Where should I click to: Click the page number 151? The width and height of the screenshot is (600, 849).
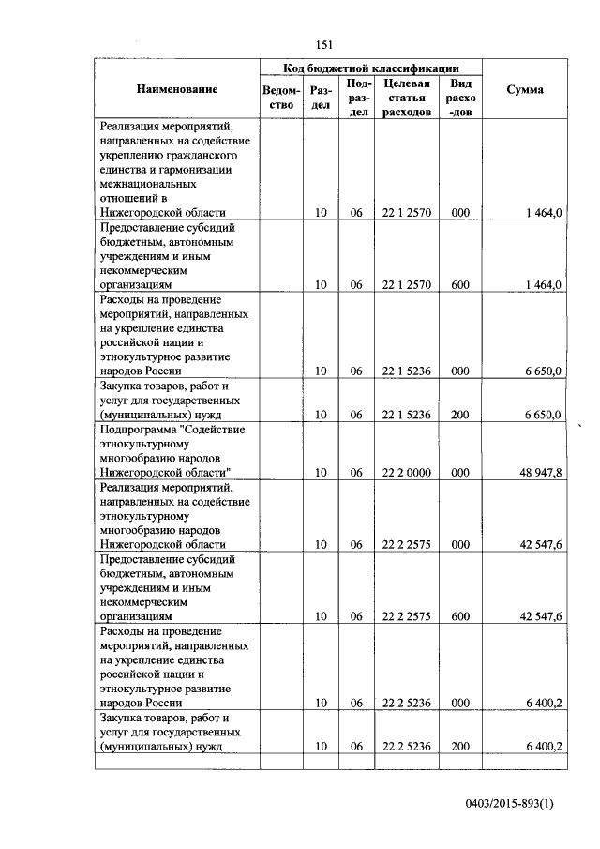(325, 45)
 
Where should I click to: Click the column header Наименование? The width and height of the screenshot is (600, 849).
(177, 89)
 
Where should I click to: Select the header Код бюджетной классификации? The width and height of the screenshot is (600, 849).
(371, 68)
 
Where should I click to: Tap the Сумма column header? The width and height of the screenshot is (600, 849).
(524, 89)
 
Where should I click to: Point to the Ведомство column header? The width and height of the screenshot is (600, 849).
(281, 98)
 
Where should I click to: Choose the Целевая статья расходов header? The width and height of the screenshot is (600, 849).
(407, 98)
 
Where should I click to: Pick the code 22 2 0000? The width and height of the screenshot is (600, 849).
(407, 473)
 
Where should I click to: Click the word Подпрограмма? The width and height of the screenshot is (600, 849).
(137, 429)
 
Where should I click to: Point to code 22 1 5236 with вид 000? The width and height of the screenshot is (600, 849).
(407, 371)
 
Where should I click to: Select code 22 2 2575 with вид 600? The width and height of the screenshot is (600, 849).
(407, 616)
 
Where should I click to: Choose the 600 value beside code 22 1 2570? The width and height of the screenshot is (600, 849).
(459, 284)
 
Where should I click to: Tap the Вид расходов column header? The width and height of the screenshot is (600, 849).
(460, 98)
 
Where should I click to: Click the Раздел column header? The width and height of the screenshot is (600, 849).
(321, 98)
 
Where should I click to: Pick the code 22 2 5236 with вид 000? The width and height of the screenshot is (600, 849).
(407, 703)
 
